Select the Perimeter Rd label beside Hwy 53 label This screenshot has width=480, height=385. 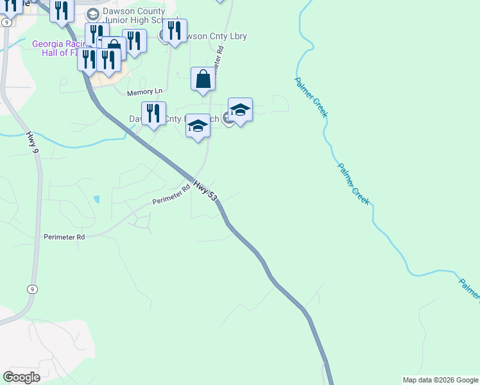pyautogui.click(x=172, y=195)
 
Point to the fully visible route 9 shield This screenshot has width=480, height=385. pyautogui.click(x=31, y=289)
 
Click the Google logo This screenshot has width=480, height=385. pyautogui.click(x=21, y=377)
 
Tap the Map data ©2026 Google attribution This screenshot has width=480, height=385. pyautogui.click(x=440, y=380)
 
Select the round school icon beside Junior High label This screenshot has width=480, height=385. pyautogui.click(x=92, y=13)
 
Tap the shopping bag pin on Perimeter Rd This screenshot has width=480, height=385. pyautogui.click(x=203, y=80)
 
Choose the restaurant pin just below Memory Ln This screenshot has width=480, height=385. pyautogui.click(x=153, y=114)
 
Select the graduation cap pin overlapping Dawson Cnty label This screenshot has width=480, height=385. pyautogui.click(x=198, y=126)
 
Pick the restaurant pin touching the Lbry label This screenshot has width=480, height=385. pyautogui.click(x=175, y=30)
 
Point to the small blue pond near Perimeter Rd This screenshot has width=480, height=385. pyautogui.click(x=96, y=199)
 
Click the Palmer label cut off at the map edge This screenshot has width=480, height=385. pyautogui.click(x=470, y=288)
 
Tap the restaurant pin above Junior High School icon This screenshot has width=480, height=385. pyautogui.click(x=62, y=10)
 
